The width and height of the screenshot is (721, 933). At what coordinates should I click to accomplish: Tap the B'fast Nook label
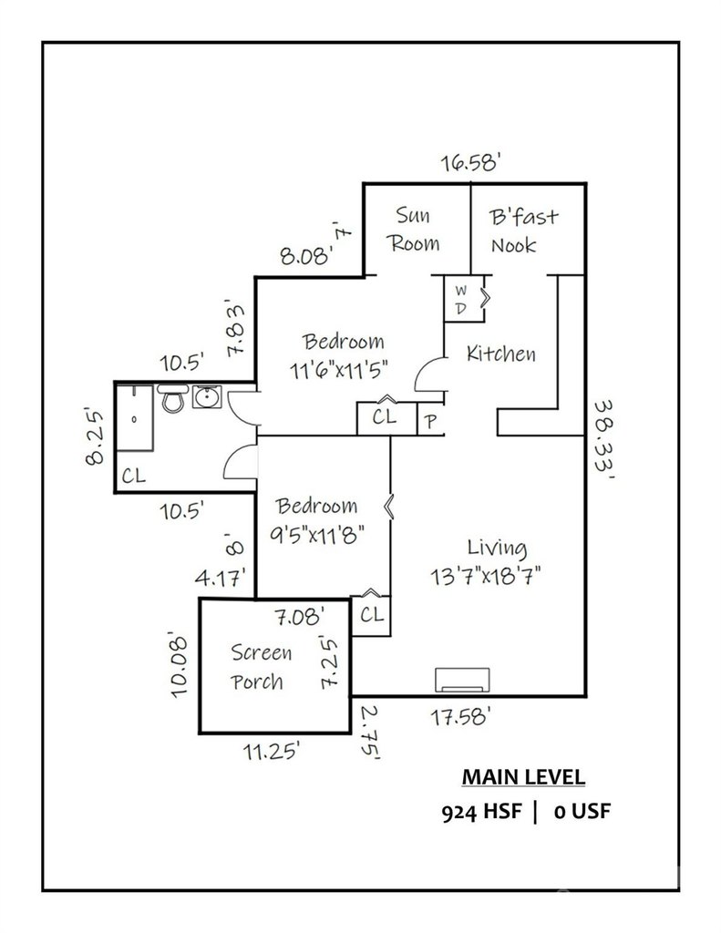coord(524,231)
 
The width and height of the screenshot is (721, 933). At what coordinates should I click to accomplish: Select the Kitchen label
coord(500,354)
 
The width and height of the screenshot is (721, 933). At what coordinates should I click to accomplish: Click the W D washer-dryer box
coord(463,298)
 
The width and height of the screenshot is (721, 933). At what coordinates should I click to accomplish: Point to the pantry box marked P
coord(430,422)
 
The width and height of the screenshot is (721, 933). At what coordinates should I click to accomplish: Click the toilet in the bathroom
coord(170,397)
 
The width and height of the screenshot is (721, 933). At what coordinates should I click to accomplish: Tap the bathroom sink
coord(204,397)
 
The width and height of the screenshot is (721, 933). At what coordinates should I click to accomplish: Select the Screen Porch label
coord(261,667)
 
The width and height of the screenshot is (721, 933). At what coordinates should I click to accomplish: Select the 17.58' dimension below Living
coord(461,717)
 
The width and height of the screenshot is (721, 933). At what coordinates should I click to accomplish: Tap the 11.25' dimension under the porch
coord(272,752)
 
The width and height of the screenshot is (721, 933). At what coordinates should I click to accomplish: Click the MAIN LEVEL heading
coord(522,777)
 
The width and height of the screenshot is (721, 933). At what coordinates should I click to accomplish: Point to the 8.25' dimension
coord(95,436)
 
